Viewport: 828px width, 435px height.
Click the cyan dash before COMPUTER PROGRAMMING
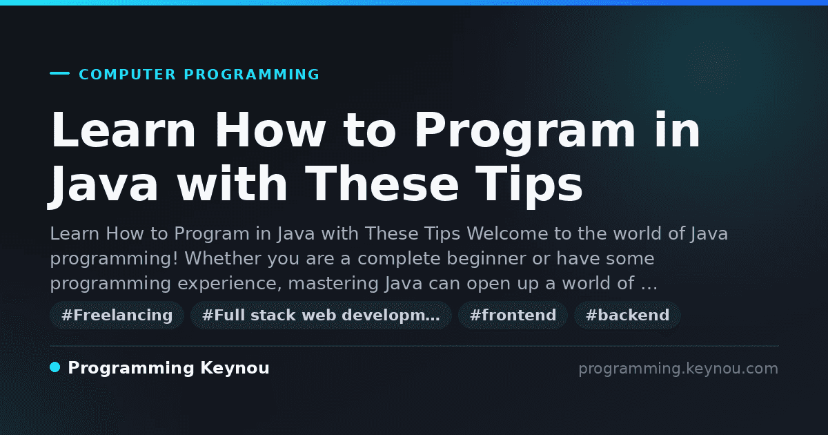tap(59, 73)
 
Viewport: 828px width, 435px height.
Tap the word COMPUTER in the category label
tap(127, 75)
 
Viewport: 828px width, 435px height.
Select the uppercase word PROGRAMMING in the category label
tap(251, 75)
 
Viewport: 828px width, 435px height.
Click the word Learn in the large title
tap(123, 130)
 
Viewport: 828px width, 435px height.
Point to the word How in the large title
tap(270, 130)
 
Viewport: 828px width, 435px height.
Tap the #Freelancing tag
tap(117, 315)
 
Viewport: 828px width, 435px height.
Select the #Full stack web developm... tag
tap(321, 315)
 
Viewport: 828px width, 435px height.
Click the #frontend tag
tap(513, 315)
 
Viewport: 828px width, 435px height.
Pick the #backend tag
tap(627, 315)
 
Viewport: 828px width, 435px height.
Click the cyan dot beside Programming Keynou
tap(55, 367)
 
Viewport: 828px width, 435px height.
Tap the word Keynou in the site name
tap(235, 369)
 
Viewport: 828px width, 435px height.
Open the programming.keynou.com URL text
tap(678, 369)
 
